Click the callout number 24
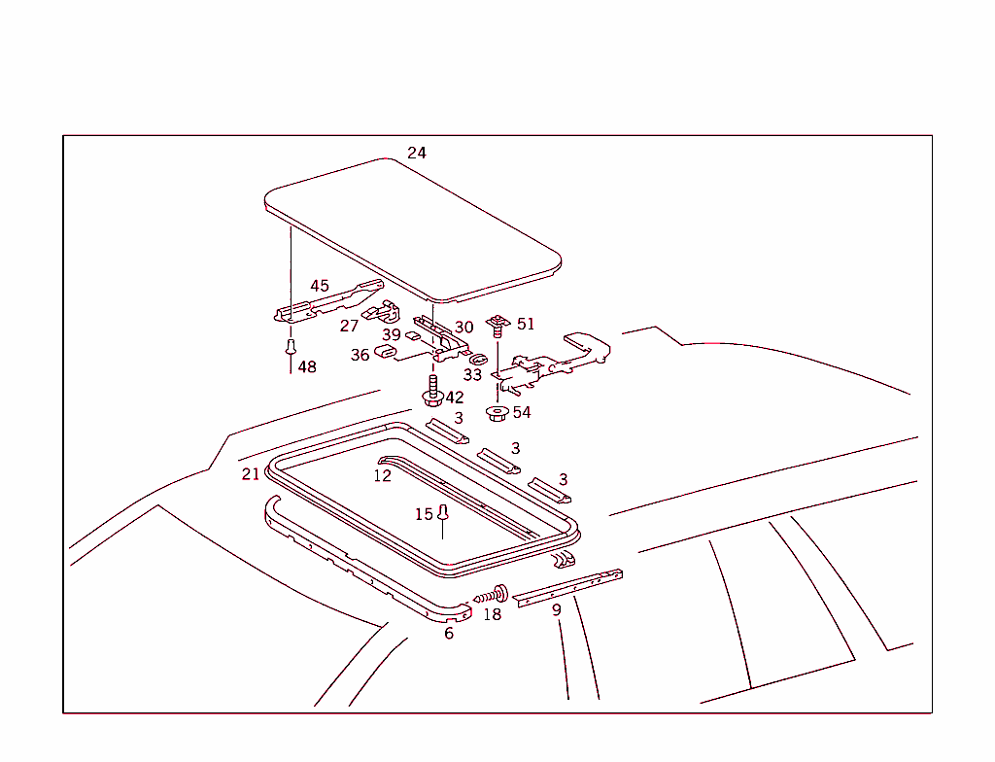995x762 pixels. (416, 153)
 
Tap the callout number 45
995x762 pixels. (320, 286)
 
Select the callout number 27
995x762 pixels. (349, 326)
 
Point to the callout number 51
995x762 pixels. (526, 324)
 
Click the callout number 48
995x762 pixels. (307, 366)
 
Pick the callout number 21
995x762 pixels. (251, 473)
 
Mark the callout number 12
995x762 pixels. (382, 475)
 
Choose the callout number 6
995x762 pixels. (449, 633)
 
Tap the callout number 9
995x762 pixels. (556, 610)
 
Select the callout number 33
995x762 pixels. (472, 373)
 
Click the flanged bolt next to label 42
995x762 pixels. (432, 391)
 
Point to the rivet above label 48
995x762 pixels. (290, 346)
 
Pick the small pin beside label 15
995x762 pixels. (443, 514)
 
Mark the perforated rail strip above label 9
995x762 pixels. (568, 587)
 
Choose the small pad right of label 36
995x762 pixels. (386, 353)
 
